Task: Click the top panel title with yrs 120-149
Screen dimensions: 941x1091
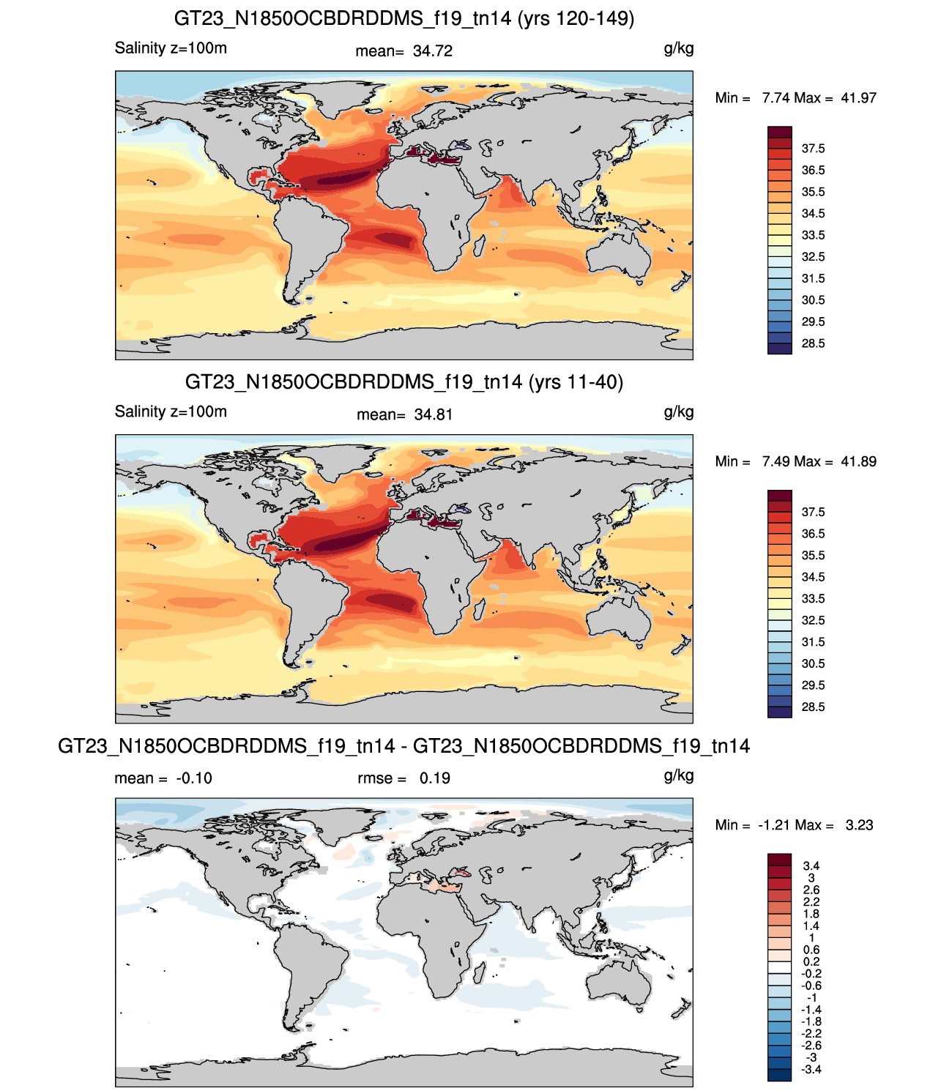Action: click(403, 19)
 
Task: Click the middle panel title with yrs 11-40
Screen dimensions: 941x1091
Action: click(403, 382)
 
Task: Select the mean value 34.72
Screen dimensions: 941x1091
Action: click(433, 51)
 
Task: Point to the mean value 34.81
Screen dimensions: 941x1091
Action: click(434, 415)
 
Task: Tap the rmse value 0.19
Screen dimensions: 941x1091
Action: click(435, 778)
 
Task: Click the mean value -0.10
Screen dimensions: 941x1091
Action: click(194, 778)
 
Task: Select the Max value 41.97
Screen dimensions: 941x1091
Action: click(858, 98)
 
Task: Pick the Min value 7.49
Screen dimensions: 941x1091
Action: click(776, 462)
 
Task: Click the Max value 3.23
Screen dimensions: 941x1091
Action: click(859, 825)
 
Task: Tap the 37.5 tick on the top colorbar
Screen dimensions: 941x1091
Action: click(813, 149)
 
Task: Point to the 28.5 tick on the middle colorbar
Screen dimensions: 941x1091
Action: click(813, 707)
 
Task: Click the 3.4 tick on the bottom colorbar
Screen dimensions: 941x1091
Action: click(811, 866)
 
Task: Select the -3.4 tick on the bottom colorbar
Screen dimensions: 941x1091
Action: click(811, 1070)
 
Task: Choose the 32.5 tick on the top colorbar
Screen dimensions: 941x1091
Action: click(813, 257)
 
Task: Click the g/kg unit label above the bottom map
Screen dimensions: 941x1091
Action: click(679, 776)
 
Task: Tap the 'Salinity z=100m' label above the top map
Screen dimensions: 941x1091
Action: click(171, 48)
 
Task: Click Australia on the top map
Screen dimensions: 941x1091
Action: click(619, 254)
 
